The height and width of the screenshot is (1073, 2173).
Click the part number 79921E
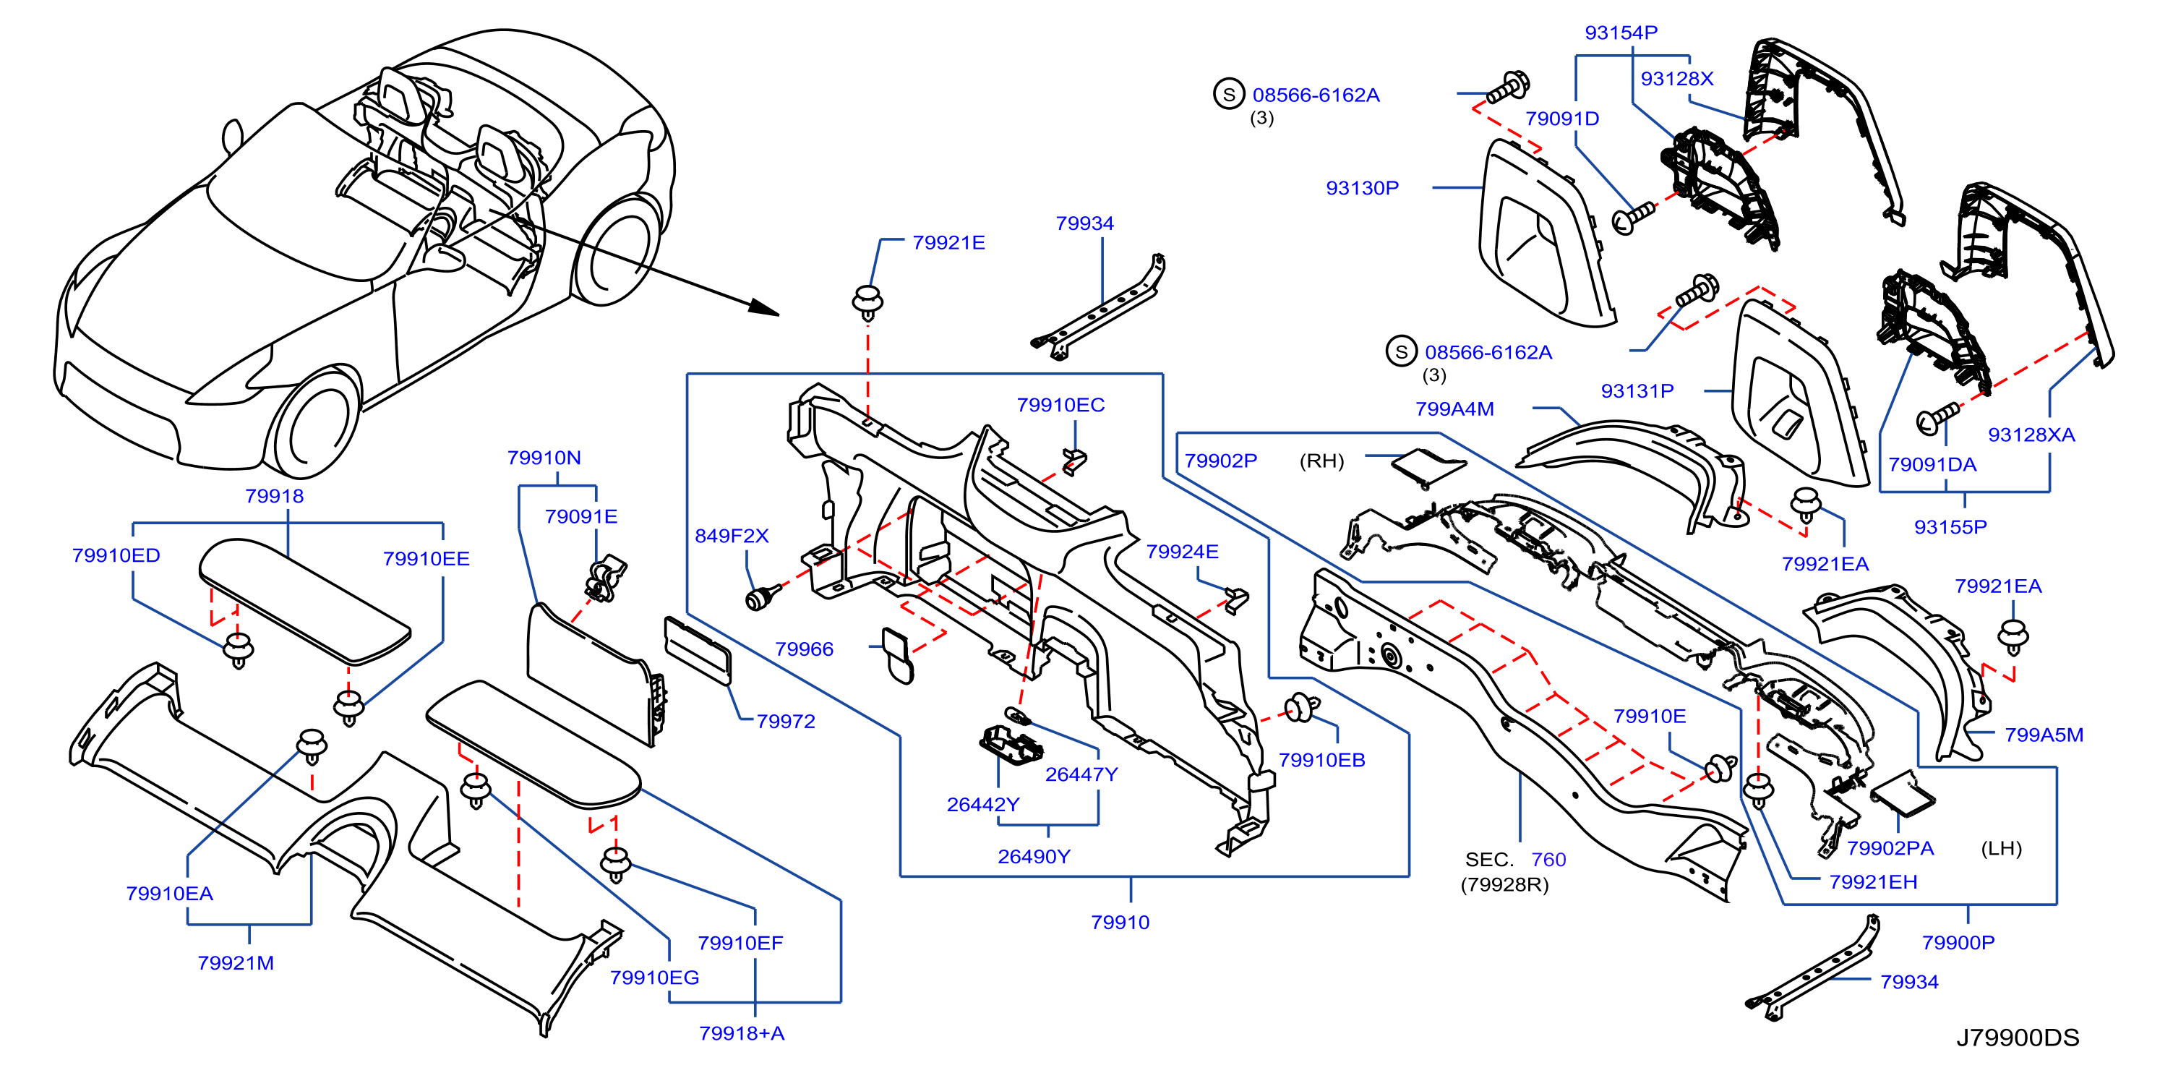coord(948,243)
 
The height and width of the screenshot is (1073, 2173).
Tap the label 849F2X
coord(732,536)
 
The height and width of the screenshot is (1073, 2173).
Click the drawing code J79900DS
coord(2018,1038)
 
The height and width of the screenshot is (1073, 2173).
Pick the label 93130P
coord(1363,188)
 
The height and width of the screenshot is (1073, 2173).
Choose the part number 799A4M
coord(1454,409)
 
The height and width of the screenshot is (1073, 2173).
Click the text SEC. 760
coord(1515,860)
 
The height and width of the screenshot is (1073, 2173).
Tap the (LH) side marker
coord(2001,849)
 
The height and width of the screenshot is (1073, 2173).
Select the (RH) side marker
coord(1322,461)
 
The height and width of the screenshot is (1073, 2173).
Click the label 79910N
coord(544,458)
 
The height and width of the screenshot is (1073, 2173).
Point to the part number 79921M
coord(236,962)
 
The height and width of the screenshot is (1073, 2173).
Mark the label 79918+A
coord(742,1033)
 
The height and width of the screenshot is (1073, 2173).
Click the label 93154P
coord(1621,33)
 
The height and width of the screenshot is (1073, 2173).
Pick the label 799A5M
coord(2043,735)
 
